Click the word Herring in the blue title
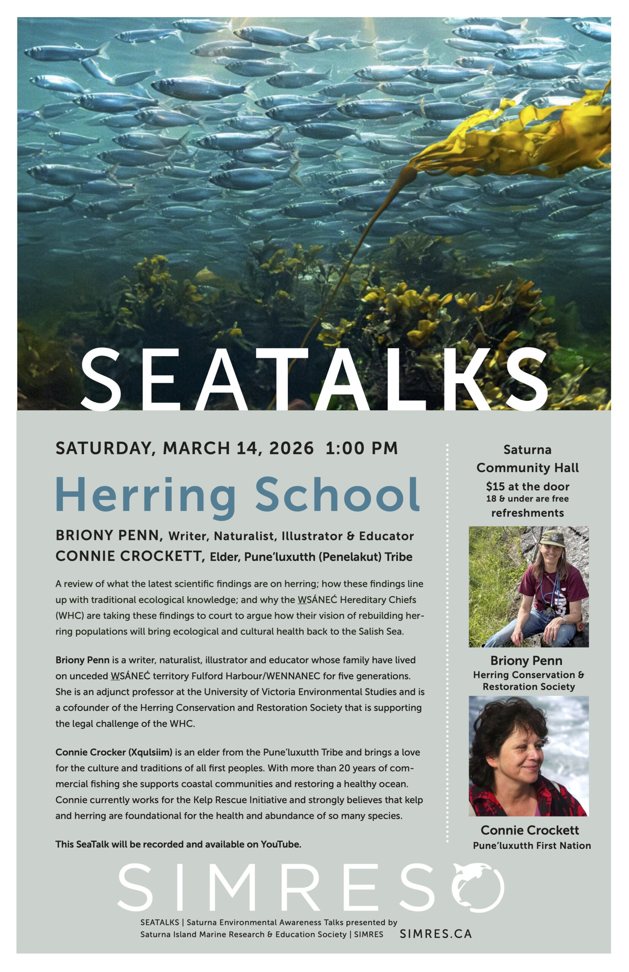pyautogui.click(x=145, y=495)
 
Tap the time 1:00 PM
pyautogui.click(x=362, y=448)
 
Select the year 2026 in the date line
pyautogui.click(x=291, y=448)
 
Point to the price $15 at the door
pyautogui.click(x=527, y=486)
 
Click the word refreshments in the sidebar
pyautogui.click(x=527, y=513)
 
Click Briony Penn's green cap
pyautogui.click(x=552, y=538)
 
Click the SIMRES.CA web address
pyautogui.click(x=436, y=934)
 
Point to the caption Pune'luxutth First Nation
pyautogui.click(x=531, y=846)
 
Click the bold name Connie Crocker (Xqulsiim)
pyautogui.click(x=114, y=752)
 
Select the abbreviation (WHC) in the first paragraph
pyautogui.click(x=70, y=615)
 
